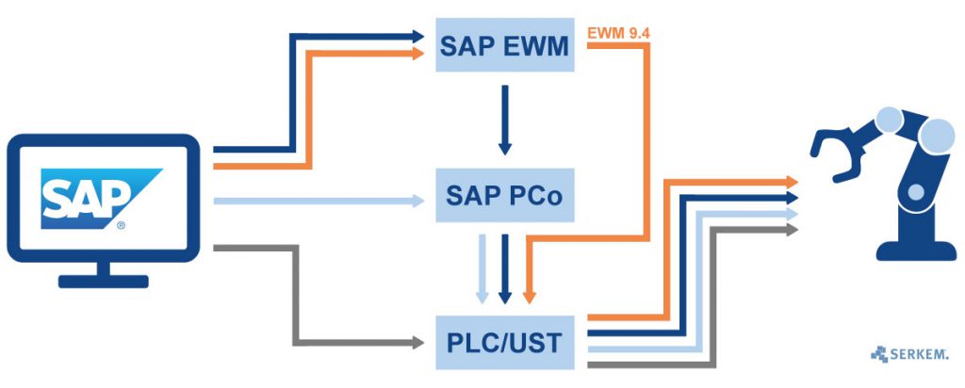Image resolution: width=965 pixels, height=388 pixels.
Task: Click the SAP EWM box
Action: click(x=504, y=44)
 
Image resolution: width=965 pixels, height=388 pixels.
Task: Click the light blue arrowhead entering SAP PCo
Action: click(x=420, y=200)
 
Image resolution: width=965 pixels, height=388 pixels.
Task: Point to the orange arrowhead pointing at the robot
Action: click(x=792, y=181)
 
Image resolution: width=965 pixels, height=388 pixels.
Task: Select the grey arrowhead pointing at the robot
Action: click(x=792, y=229)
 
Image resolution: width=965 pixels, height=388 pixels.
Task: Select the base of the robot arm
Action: click(x=903, y=250)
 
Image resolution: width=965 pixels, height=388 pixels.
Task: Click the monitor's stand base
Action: click(x=103, y=281)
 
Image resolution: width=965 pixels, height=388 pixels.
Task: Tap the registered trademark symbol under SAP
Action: click(x=120, y=226)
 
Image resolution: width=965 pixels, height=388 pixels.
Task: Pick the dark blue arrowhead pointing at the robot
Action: click(x=792, y=198)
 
